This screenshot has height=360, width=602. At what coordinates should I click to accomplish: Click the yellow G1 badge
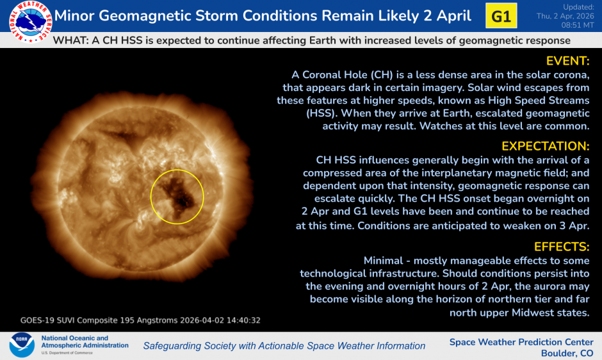(501, 16)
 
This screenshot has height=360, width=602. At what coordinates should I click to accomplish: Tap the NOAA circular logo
(21, 345)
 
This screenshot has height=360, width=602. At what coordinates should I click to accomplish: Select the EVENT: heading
(567, 61)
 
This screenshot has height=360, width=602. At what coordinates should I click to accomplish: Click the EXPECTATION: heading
(545, 146)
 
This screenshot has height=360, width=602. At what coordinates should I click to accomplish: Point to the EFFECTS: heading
(561, 247)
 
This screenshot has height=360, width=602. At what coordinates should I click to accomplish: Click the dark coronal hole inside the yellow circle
(179, 192)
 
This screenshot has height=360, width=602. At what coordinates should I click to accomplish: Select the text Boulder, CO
(567, 353)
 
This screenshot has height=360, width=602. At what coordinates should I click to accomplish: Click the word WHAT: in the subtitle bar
(70, 40)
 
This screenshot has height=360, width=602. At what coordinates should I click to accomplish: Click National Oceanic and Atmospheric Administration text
(85, 342)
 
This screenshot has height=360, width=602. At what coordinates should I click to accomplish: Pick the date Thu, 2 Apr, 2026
(567, 15)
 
